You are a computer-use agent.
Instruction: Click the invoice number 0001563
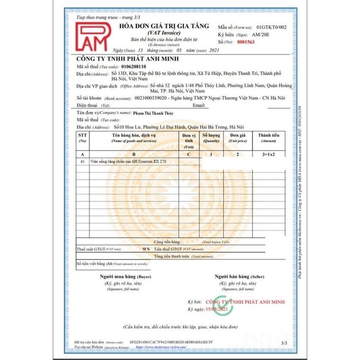[247, 41]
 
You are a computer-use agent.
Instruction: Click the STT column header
[82, 137]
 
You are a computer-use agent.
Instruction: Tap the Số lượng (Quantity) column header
[211, 137]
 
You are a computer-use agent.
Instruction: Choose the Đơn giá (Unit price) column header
[237, 137]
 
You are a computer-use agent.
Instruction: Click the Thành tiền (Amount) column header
[269, 137]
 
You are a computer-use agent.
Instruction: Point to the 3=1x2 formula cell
[269, 153]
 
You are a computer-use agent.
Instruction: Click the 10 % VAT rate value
[146, 248]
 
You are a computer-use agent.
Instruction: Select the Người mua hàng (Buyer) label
[120, 276]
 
